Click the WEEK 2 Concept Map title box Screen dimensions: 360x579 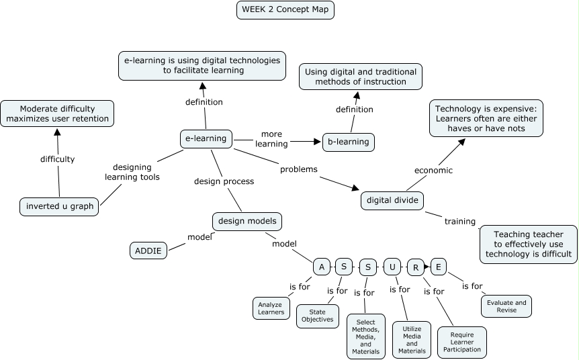(x=285, y=9)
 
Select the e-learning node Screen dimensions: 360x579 (x=206, y=139)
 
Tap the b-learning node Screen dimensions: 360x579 (x=348, y=142)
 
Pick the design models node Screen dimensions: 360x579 (x=247, y=221)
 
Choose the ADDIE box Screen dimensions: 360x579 (x=148, y=251)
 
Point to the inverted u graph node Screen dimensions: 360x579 (x=59, y=206)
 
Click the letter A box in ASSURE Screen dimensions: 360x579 (x=322, y=267)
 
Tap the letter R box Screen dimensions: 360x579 (x=416, y=267)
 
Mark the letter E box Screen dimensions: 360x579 (x=439, y=267)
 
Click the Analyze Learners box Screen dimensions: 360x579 (x=271, y=308)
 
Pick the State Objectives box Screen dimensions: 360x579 (x=317, y=316)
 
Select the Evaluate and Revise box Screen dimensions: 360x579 (x=506, y=306)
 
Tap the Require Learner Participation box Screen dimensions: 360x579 (x=461, y=341)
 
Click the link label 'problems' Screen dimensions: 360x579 (x=298, y=169)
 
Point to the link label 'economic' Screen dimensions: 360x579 (x=433, y=171)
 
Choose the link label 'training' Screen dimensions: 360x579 (x=459, y=221)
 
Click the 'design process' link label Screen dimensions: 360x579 (x=224, y=181)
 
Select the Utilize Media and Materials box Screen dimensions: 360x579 (x=412, y=340)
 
